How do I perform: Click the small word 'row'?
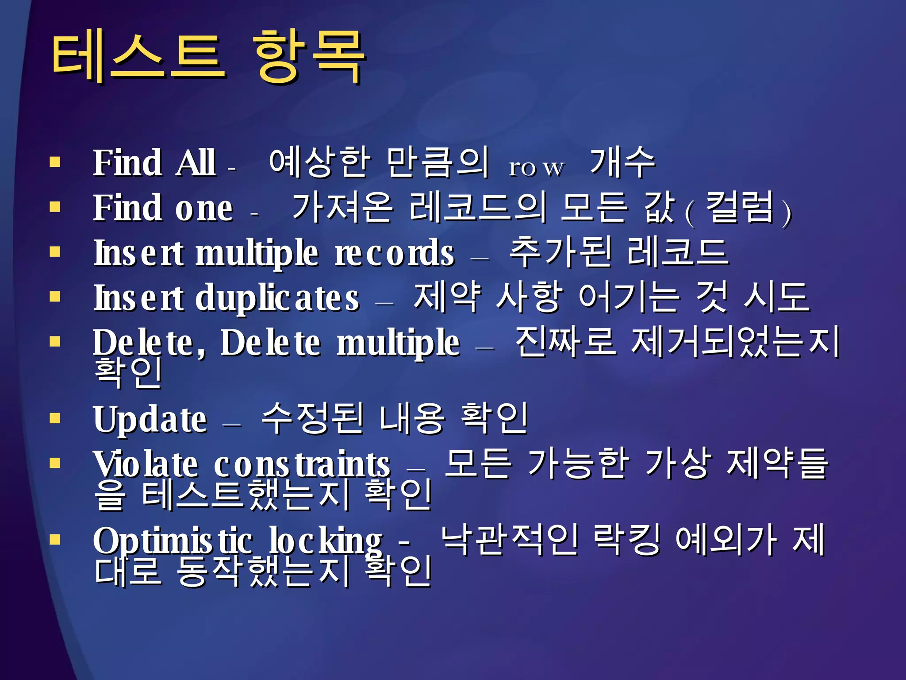[x=536, y=168]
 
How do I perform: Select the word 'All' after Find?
[x=196, y=163]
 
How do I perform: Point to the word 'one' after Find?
[x=204, y=208]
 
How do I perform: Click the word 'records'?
[x=394, y=253]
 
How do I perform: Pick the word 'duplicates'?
[x=277, y=298]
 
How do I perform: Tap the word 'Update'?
[x=150, y=419]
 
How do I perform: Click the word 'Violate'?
[x=146, y=464]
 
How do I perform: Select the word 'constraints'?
[x=302, y=464]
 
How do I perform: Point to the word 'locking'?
[x=326, y=541]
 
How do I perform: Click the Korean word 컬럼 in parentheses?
[x=739, y=208]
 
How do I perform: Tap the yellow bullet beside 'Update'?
[x=55, y=418]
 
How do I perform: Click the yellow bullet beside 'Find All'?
[x=55, y=162]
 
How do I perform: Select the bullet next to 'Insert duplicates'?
[x=55, y=296]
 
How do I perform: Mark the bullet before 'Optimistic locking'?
[x=55, y=540]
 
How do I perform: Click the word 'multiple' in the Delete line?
[x=398, y=344]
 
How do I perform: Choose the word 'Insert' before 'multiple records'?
[x=138, y=253]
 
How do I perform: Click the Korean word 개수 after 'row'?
[x=622, y=162]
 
